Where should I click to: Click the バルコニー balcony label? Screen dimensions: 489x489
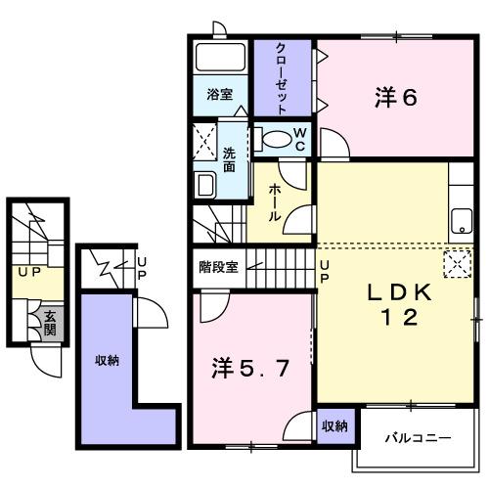coord(417,437)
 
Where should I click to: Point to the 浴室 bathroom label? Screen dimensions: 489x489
coord(220,95)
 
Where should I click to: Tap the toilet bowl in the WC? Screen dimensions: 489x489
coord(278,140)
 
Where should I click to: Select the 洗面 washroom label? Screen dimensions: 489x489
coord(229,159)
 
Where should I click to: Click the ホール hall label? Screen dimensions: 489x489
coord(277,200)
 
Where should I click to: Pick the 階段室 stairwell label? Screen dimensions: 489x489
coord(218,267)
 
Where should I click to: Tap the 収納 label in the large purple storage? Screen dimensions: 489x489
coord(107,361)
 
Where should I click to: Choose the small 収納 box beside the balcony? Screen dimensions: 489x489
coord(333,426)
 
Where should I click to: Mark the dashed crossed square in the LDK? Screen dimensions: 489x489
coord(457,263)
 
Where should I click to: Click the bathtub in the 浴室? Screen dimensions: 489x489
coord(222,58)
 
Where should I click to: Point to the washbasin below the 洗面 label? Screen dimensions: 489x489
coord(205,185)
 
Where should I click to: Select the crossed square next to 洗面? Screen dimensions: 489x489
coord(205,141)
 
